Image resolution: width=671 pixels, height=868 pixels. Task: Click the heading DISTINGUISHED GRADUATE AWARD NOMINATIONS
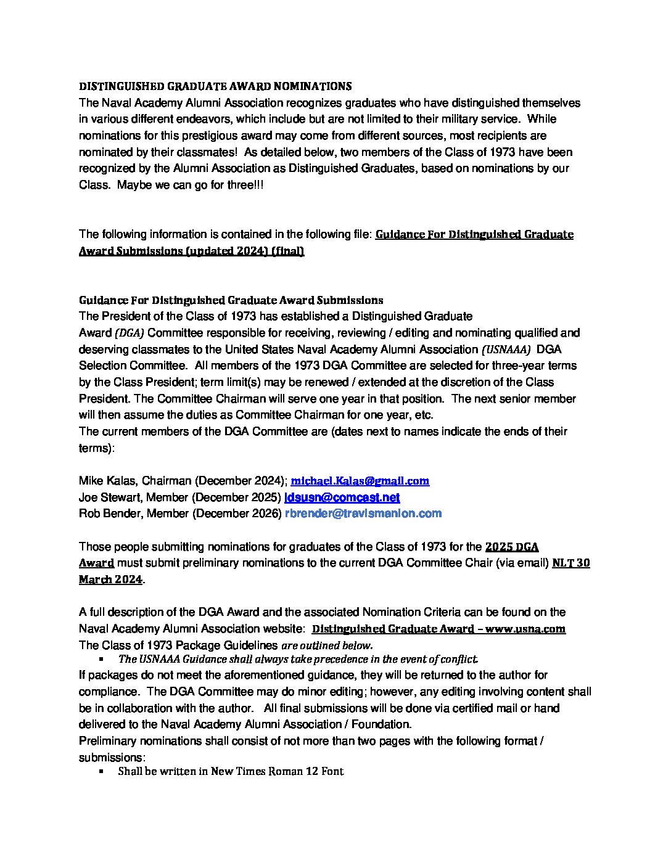click(x=215, y=86)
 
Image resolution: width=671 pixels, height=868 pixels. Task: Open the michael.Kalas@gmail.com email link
click(x=360, y=481)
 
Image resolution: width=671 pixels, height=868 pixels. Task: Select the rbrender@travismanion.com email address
click(x=363, y=514)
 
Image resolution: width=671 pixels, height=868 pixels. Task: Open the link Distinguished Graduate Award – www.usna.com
click(x=438, y=629)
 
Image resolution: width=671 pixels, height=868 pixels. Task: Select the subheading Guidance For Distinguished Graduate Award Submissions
click(x=231, y=300)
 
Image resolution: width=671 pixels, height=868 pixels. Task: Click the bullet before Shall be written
click(x=101, y=771)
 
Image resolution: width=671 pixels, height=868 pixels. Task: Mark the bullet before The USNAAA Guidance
click(x=101, y=659)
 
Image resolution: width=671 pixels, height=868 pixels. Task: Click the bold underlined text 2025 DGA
click(x=512, y=547)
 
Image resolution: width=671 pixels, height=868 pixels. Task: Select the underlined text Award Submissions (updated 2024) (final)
click(x=191, y=251)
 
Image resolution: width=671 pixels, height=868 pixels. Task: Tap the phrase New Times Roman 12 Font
click(x=277, y=771)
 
